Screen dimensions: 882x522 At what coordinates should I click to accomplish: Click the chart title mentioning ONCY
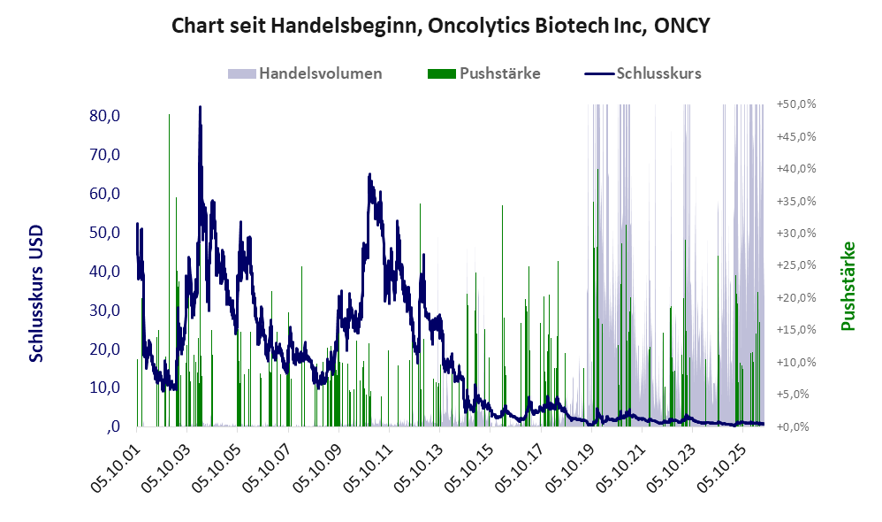440,26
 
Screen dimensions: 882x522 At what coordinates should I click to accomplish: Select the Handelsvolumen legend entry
305,73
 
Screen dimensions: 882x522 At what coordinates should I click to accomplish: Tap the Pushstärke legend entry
483,73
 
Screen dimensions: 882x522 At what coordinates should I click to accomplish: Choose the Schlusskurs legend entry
642,73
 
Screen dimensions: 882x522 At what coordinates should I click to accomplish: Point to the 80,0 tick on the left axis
104,116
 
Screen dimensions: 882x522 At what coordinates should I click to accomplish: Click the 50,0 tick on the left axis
104,233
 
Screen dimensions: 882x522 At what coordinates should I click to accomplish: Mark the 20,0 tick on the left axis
104,349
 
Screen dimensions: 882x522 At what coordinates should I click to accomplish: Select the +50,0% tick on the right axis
796,104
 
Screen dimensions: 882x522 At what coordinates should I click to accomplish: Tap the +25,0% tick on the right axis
796,265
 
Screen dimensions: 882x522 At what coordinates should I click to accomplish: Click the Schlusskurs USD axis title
36,294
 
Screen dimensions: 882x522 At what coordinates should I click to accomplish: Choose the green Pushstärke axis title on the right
848,286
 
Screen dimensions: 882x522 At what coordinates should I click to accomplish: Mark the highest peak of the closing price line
201,106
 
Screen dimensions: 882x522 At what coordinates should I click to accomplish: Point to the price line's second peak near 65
369,174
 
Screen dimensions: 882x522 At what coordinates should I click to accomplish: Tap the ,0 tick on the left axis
113,426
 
